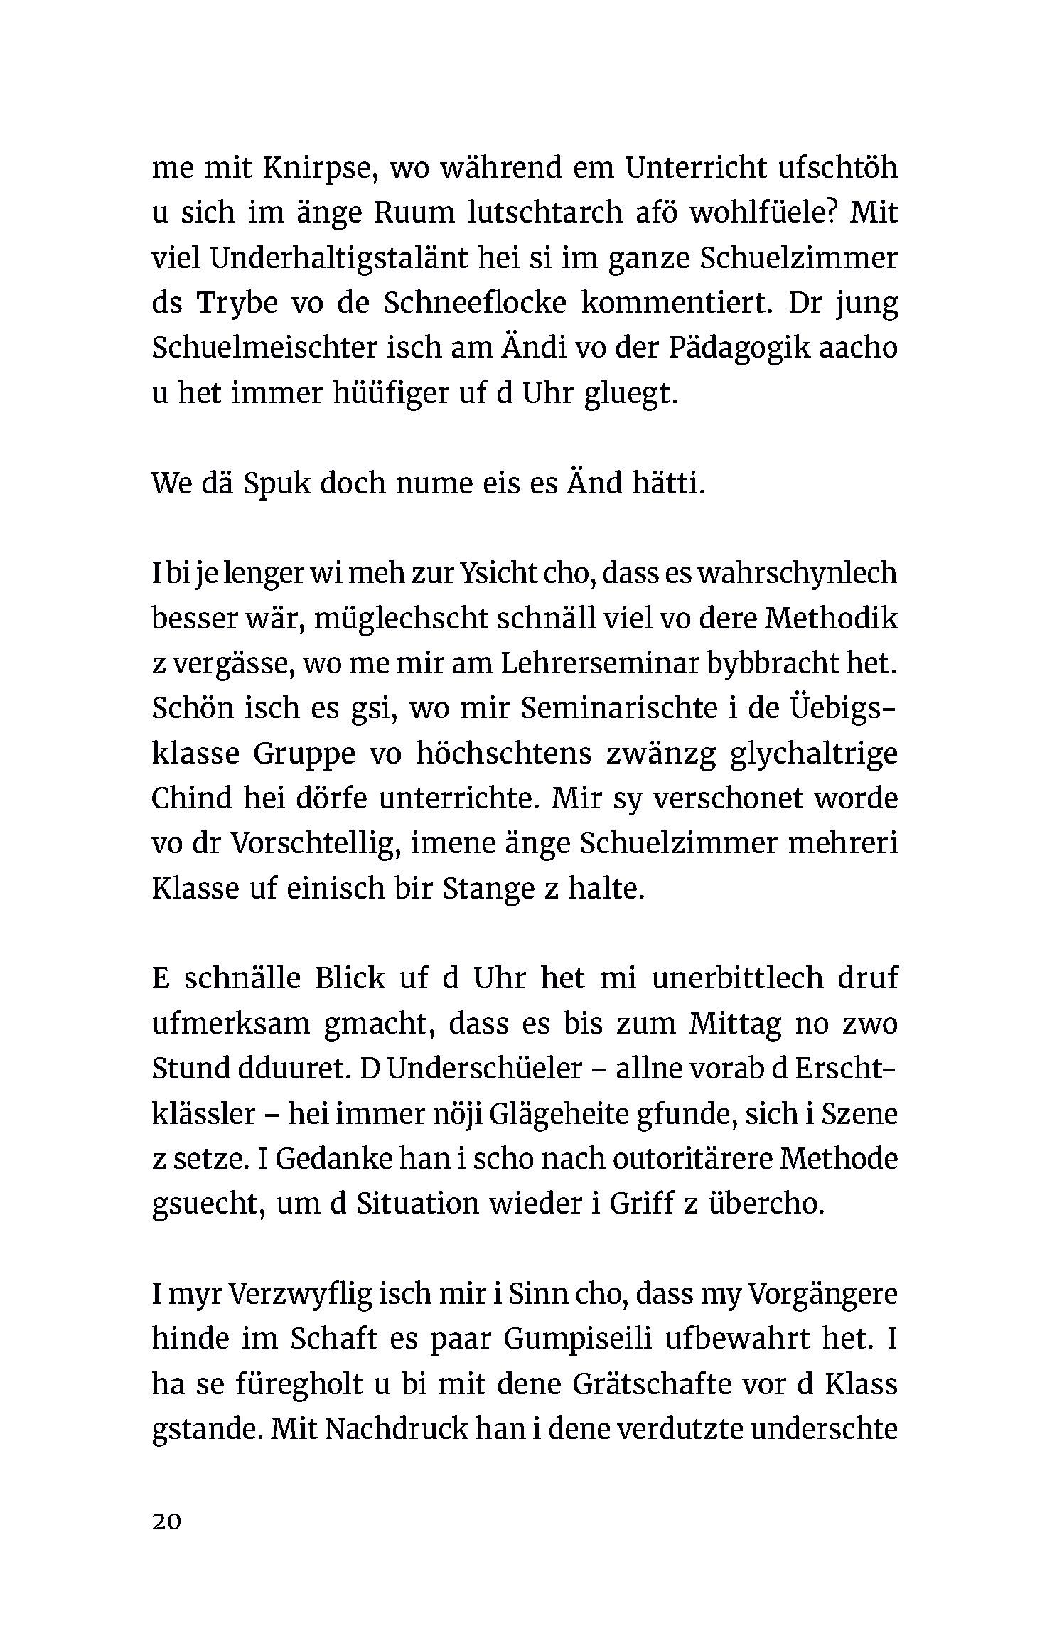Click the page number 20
point(167,1521)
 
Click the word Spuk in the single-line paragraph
point(275,484)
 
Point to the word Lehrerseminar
point(600,664)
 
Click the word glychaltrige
point(813,754)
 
